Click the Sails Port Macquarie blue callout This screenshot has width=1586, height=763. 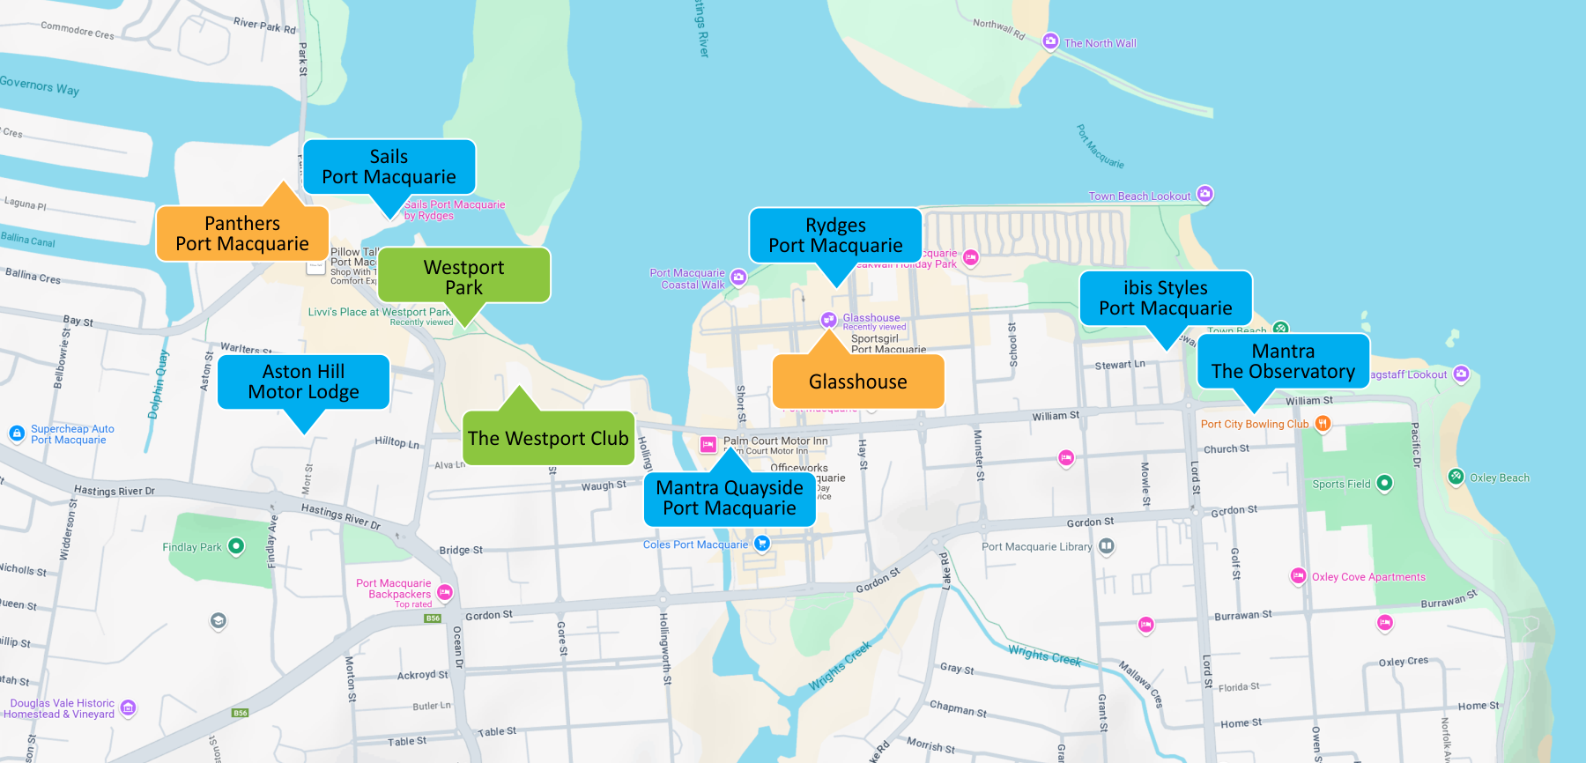pos(389,167)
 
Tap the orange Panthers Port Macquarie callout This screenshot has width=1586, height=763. pos(242,233)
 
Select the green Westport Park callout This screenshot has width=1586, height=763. pos(463,276)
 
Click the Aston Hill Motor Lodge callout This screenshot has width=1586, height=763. pos(303,381)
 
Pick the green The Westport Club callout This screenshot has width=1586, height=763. pos(548,438)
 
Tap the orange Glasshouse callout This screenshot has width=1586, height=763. pos(857,381)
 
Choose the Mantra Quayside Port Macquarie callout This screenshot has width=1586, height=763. pos(730,498)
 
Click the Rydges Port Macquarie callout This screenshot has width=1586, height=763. pos(835,235)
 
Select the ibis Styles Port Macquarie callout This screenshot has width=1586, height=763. pos(1165,298)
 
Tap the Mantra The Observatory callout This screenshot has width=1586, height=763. pos(1283,361)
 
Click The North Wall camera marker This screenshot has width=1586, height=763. pos(1050,41)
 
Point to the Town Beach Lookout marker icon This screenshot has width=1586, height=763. pos(1205,194)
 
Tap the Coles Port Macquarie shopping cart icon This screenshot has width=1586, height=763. pos(762,544)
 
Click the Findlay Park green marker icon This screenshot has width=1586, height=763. pos(236,546)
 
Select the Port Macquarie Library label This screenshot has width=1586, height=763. pos(1036,546)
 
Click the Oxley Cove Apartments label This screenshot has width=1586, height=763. pos(1367,577)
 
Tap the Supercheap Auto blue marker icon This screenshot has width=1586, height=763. pos(17,433)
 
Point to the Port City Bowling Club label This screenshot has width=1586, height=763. pos(1254,424)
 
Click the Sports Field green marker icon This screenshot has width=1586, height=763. pos(1384,483)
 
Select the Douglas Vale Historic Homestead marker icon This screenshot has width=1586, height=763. pos(128,707)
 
